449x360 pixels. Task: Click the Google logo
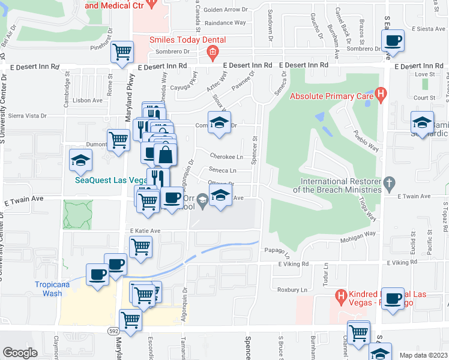tap(20, 353)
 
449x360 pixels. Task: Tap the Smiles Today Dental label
tap(187, 41)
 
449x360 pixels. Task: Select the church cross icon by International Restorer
tap(389, 182)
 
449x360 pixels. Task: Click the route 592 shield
tap(113, 330)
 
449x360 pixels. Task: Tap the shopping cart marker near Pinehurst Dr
tap(122, 52)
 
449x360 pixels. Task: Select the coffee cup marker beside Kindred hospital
tap(394, 298)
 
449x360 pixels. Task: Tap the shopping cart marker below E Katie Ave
tap(140, 245)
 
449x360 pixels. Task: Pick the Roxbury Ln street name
tap(292, 290)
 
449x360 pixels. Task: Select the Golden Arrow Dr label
tap(226, 10)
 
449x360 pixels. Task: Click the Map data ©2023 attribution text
tap(423, 355)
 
